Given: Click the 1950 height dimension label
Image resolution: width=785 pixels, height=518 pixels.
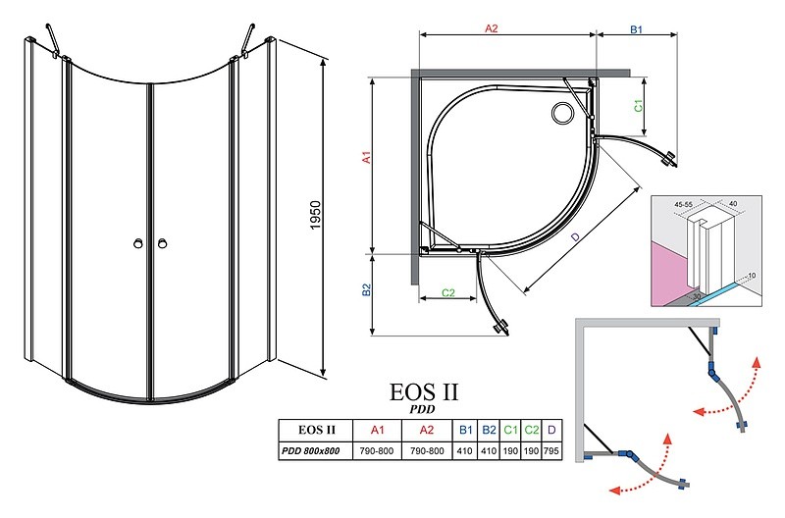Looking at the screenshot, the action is coord(315,215).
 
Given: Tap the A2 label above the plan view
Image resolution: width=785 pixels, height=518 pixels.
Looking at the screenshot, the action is coord(492,28).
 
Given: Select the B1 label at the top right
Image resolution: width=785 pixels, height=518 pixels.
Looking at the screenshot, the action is coord(636,29).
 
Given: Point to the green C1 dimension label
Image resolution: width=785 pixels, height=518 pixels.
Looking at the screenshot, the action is coord(639,106).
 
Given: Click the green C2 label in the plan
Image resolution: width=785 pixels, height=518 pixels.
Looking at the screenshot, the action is coord(448,292).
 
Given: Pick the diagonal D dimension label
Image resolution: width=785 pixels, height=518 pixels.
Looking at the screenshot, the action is coord(576,236).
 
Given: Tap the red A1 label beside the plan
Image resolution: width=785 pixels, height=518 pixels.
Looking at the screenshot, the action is coord(367,157).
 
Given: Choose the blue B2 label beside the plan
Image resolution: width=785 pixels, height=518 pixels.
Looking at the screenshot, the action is coord(366,289).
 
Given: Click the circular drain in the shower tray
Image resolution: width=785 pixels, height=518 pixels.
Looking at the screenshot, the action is coord(562,113).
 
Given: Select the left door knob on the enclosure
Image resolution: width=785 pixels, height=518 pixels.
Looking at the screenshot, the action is coord(138,243).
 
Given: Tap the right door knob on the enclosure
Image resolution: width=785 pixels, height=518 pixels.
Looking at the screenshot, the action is coord(162,243).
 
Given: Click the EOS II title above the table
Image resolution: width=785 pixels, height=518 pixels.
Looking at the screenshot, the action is coord(424,392).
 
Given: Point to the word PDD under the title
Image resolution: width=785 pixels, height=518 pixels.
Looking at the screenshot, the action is coord(423,409).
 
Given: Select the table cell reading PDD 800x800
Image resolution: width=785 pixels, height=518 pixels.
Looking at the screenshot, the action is coord(310,451).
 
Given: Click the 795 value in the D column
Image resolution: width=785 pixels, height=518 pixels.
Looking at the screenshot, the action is coord(550,451).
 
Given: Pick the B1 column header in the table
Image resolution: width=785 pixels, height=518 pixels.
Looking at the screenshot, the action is coord(465,430).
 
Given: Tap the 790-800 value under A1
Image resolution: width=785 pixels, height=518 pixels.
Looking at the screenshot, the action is coord(377,451).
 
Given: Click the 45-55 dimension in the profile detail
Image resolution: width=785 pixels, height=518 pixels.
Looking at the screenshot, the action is coord(683,205).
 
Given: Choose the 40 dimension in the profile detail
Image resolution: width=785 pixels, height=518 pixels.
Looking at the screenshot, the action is coord(733,204).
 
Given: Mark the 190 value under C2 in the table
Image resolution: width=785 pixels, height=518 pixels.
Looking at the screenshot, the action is coord(531,451).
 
